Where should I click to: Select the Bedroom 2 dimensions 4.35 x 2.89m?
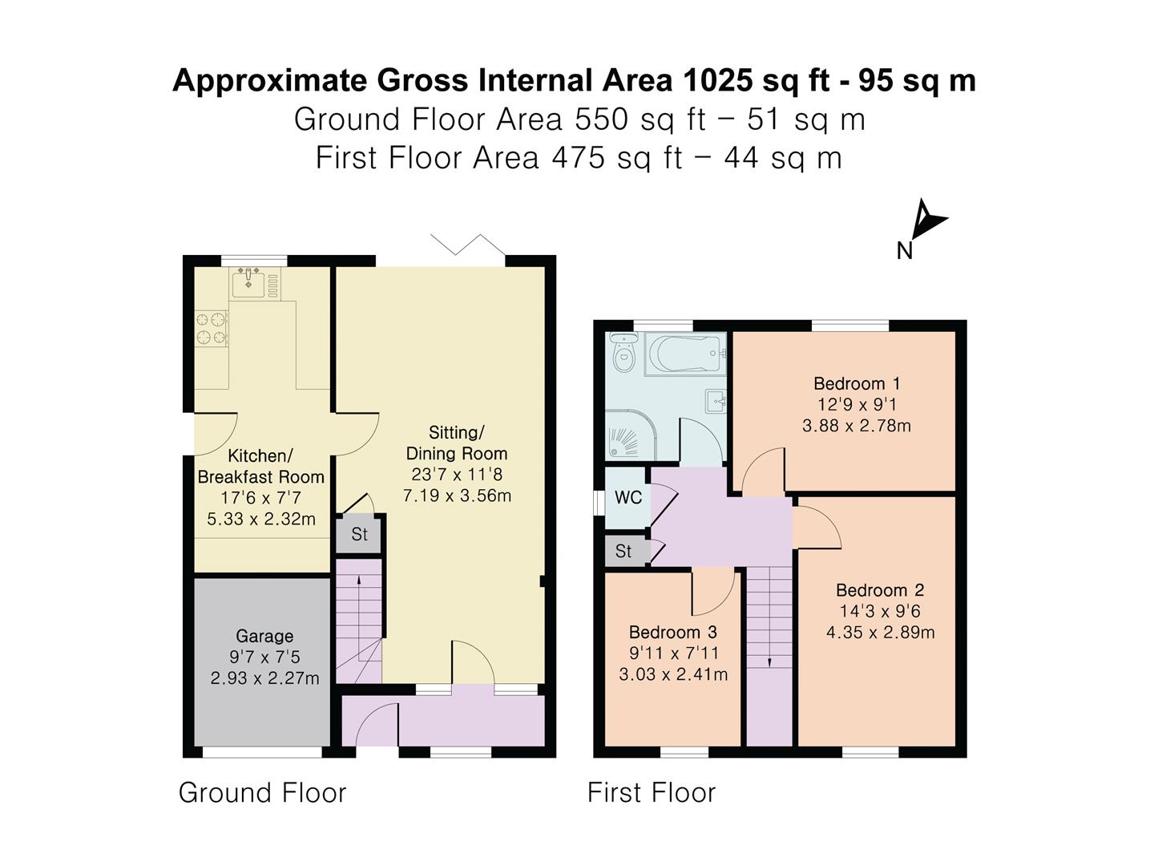(880, 632)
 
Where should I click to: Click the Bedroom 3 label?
(672, 632)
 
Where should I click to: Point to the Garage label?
(264, 636)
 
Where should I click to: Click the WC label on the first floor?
(627, 498)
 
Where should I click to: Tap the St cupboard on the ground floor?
(359, 534)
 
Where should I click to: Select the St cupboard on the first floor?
(623, 552)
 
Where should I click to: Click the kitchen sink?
(249, 283)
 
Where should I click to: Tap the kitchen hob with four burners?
(212, 328)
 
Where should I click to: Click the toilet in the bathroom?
(623, 353)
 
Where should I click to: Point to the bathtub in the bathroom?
(686, 353)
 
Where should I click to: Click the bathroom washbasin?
(716, 399)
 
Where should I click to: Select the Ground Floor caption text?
(262, 792)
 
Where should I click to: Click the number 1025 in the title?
(717, 81)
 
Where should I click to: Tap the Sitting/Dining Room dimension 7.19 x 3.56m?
(457, 496)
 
